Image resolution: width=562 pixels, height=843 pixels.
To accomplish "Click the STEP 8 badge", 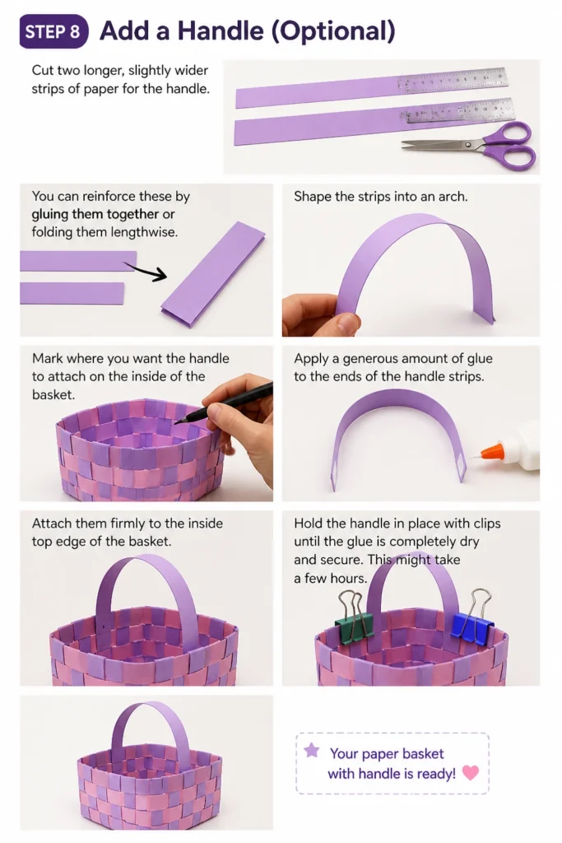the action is click(x=53, y=32).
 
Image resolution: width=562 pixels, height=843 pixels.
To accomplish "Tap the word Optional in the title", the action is click(x=332, y=31).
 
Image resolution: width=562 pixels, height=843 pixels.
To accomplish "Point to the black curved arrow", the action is click(x=146, y=270).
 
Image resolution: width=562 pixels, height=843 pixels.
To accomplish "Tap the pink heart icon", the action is click(x=471, y=772).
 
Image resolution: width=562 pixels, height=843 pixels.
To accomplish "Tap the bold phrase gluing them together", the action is click(x=95, y=214).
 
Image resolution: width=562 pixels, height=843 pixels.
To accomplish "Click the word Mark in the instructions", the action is click(x=47, y=359).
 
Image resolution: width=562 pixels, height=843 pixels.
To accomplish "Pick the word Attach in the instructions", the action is click(x=52, y=524).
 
